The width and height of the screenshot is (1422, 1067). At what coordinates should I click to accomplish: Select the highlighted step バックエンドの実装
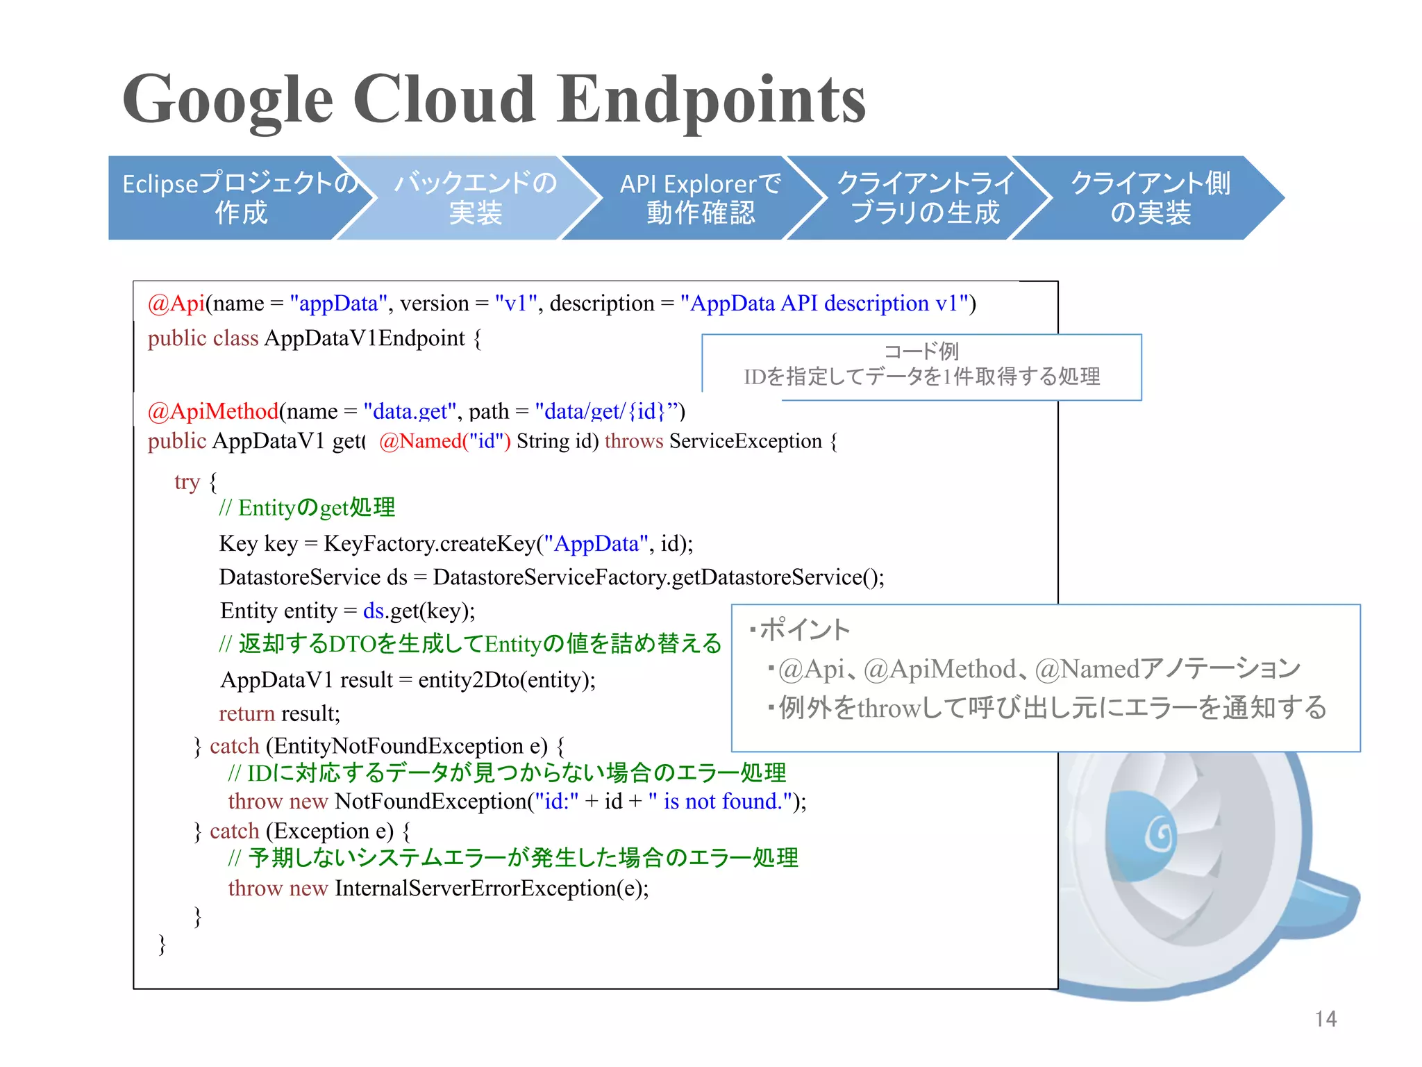pyautogui.click(x=476, y=198)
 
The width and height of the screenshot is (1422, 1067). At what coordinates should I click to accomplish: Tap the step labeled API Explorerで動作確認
pyautogui.click(x=700, y=198)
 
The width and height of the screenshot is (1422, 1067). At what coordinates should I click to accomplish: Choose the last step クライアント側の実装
pyautogui.click(x=1151, y=198)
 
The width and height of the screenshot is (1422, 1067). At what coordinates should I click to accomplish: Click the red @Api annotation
pyautogui.click(x=176, y=304)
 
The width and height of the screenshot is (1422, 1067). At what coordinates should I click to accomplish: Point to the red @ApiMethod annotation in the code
pyautogui.click(x=213, y=411)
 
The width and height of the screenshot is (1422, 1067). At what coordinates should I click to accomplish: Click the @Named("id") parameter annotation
pyautogui.click(x=445, y=441)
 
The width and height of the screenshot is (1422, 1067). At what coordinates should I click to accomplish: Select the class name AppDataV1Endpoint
pyautogui.click(x=365, y=338)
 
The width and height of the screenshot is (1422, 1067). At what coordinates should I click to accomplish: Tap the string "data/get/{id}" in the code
pyautogui.click(x=601, y=411)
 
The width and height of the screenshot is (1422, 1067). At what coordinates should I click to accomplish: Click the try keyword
pyautogui.click(x=187, y=481)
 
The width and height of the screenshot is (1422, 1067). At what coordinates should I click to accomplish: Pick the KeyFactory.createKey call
pyautogui.click(x=430, y=543)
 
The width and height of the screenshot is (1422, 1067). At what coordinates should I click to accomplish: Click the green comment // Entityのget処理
pyautogui.click(x=306, y=508)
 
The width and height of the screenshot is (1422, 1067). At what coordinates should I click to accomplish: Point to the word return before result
pyautogui.click(x=246, y=713)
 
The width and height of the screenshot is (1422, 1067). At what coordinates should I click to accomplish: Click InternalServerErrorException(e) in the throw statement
pyautogui.click(x=492, y=888)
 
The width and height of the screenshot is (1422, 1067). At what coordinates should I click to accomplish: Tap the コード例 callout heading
pyautogui.click(x=921, y=351)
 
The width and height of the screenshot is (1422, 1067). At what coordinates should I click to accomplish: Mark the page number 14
pyautogui.click(x=1325, y=1019)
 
